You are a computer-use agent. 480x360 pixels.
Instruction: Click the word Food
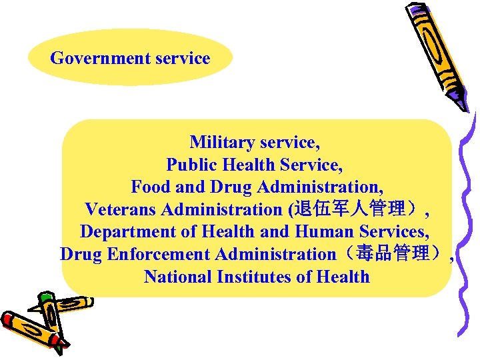(x=150, y=187)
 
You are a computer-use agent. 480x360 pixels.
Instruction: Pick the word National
(x=177, y=277)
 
